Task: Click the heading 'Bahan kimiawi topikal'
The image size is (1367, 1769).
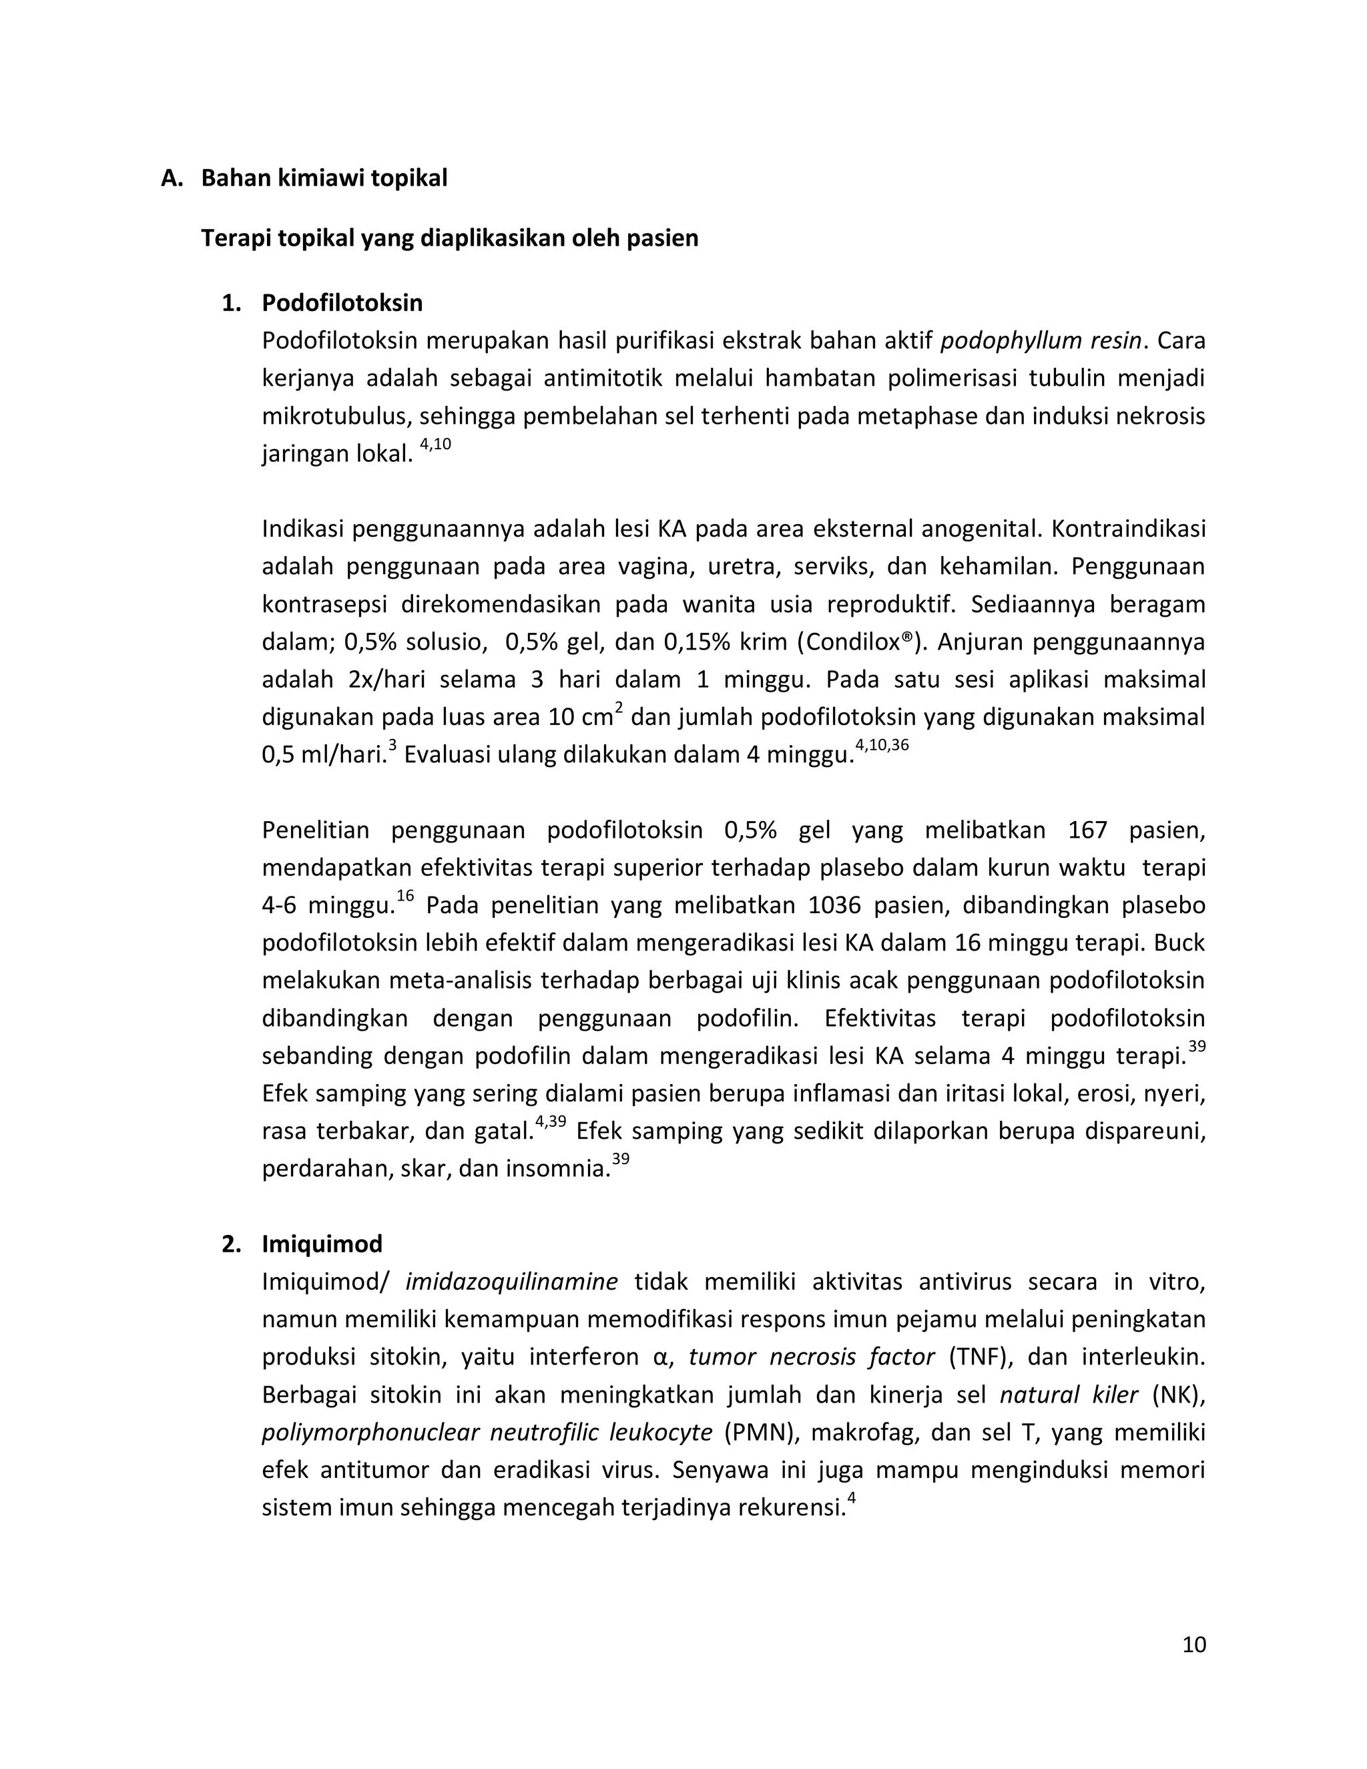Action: (324, 178)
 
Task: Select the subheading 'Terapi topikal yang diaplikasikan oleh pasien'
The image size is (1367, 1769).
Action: (449, 239)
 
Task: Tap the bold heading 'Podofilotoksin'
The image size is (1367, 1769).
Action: (342, 303)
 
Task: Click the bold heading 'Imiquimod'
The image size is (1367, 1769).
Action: (322, 1244)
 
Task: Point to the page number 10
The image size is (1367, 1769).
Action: (1193, 1644)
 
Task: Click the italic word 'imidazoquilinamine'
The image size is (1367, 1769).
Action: (511, 1282)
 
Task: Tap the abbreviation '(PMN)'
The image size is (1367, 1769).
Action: (760, 1433)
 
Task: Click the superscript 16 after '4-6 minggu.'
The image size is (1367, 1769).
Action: (405, 896)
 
